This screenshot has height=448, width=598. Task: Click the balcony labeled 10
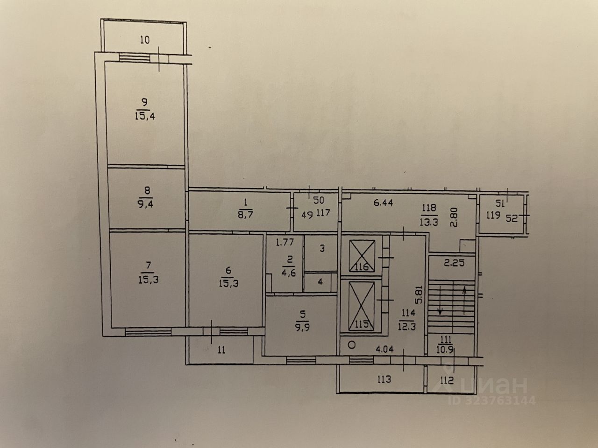tap(145, 40)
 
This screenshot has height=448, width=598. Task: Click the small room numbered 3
tap(322, 248)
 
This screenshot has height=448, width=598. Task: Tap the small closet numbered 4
tap(320, 282)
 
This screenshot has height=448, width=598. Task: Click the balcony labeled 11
tap(221, 350)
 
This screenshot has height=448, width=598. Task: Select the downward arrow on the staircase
tap(440, 308)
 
